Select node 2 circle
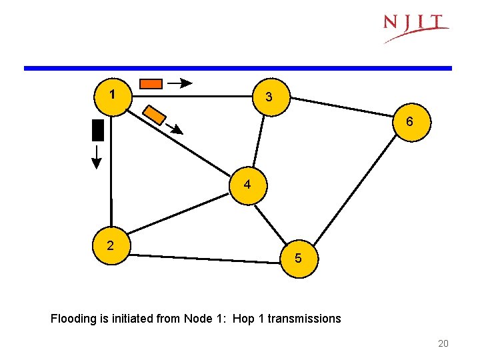[x=111, y=246]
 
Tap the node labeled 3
[x=269, y=97]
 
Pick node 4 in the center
[x=247, y=185]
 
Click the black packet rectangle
[x=98, y=129]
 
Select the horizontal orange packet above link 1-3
[x=151, y=83]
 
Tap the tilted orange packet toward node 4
[x=155, y=115]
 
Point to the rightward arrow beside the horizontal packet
[x=179, y=83]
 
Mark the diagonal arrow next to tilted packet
[x=175, y=129]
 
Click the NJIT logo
[x=415, y=27]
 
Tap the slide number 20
[x=443, y=343]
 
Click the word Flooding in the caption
[x=73, y=319]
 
